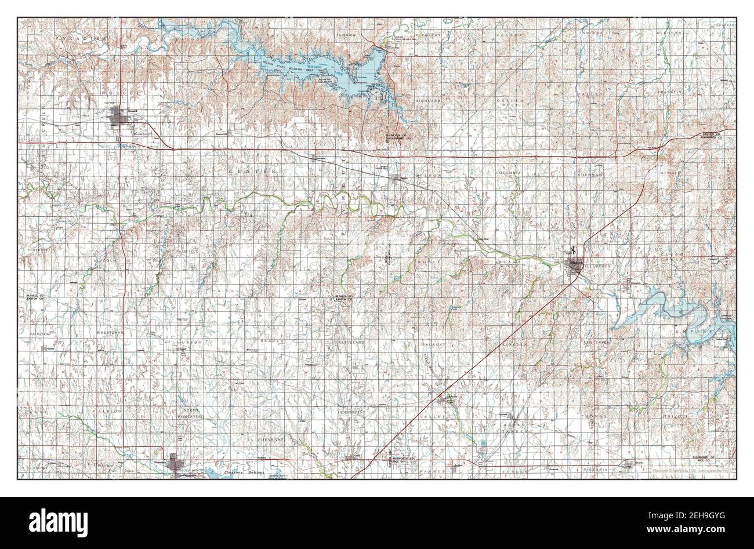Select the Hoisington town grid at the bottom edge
tap(176, 465)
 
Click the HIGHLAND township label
tap(444, 101)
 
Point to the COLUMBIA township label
tap(508, 173)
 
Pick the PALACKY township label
tap(433, 345)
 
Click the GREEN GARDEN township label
tap(514, 428)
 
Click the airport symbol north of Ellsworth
tap(572, 250)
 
